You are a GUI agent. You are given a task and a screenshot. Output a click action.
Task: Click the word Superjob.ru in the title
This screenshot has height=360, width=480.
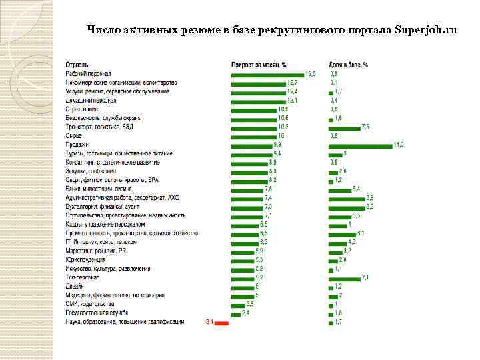click(426, 30)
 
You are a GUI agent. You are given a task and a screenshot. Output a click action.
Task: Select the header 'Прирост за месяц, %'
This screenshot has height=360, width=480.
click(259, 65)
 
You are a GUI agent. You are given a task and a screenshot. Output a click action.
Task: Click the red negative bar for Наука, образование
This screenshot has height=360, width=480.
click(222, 323)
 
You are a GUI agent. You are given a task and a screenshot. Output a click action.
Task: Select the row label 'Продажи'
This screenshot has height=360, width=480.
click(77, 145)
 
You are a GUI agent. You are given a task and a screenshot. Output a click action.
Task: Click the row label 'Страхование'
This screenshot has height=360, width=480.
click(82, 109)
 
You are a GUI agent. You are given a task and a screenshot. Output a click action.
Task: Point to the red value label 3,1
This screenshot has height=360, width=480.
click(209, 322)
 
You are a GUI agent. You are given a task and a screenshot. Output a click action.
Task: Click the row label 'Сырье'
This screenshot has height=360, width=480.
click(73, 135)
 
